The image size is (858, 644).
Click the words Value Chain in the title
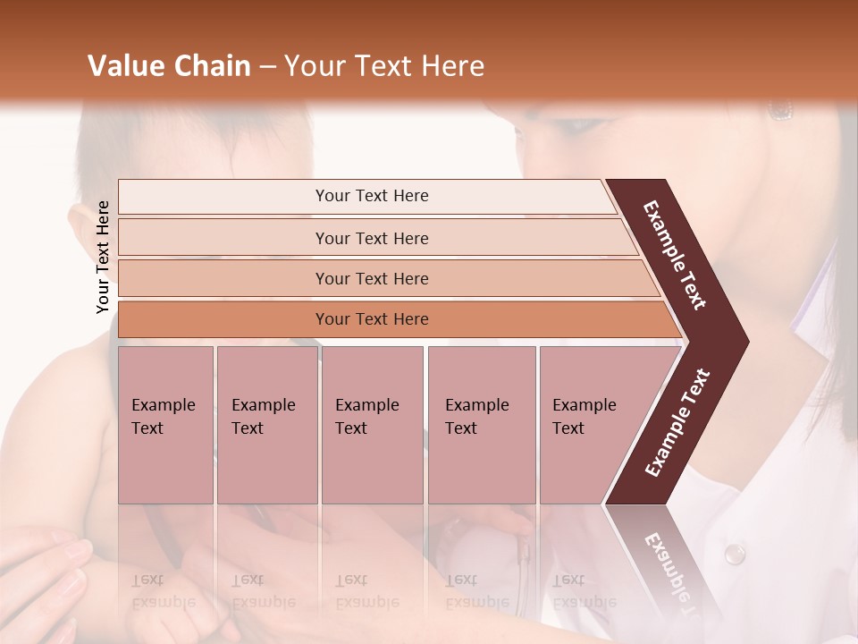[169, 66]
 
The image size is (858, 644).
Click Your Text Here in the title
[384, 66]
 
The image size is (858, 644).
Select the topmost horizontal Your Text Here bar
[371, 196]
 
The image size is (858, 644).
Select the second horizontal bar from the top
[371, 238]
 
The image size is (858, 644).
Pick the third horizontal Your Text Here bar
[371, 278]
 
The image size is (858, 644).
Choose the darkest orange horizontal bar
[371, 319]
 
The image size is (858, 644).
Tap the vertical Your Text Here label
[103, 257]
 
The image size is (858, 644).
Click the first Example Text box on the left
[165, 425]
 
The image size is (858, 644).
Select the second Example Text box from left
[266, 425]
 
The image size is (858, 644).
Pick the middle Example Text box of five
[372, 425]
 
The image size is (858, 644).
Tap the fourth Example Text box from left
[481, 425]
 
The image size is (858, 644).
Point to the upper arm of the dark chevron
[675, 255]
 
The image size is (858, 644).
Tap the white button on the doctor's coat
[734, 554]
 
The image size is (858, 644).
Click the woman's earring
[780, 109]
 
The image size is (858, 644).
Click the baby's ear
[82, 219]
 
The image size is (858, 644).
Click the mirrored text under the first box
[164, 590]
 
